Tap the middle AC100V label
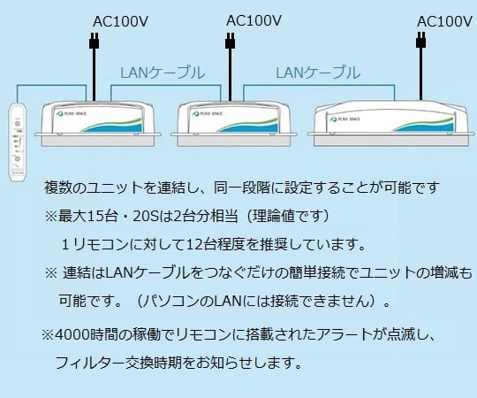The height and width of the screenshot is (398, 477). click(x=254, y=19)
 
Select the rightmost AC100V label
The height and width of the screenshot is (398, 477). click(x=443, y=20)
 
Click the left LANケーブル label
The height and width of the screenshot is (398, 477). click(x=162, y=73)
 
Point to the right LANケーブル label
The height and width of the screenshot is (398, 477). click(x=318, y=73)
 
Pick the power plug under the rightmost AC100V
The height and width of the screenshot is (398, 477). click(x=420, y=42)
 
